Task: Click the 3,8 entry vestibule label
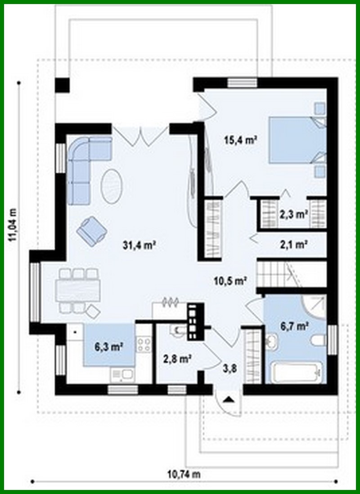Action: (x=230, y=370)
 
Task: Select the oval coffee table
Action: (x=112, y=186)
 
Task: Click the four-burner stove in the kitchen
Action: (x=144, y=345)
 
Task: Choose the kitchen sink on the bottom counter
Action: (x=122, y=374)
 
